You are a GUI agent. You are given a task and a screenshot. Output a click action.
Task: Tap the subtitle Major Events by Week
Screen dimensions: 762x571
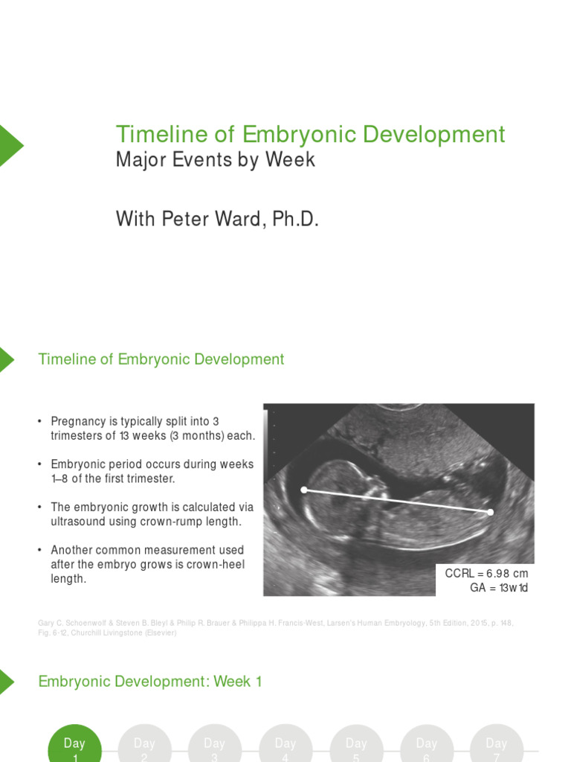[216, 159]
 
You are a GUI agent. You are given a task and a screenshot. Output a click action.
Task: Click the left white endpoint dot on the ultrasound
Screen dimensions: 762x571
[303, 489]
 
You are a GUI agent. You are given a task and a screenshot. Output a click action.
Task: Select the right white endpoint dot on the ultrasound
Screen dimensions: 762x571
[490, 512]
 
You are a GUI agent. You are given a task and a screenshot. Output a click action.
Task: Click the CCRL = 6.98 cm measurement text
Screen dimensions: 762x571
[486, 573]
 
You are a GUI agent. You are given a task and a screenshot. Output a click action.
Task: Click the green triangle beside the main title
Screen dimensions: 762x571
[10, 146]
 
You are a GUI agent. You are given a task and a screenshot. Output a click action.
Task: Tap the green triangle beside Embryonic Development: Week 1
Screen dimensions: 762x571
[6, 681]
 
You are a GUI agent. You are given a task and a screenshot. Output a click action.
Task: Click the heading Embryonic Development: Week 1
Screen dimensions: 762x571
[150, 681]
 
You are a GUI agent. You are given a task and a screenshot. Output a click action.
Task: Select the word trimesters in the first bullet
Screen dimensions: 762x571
[79, 436]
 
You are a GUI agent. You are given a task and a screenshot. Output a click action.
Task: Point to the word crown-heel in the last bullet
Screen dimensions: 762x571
[216, 565]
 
